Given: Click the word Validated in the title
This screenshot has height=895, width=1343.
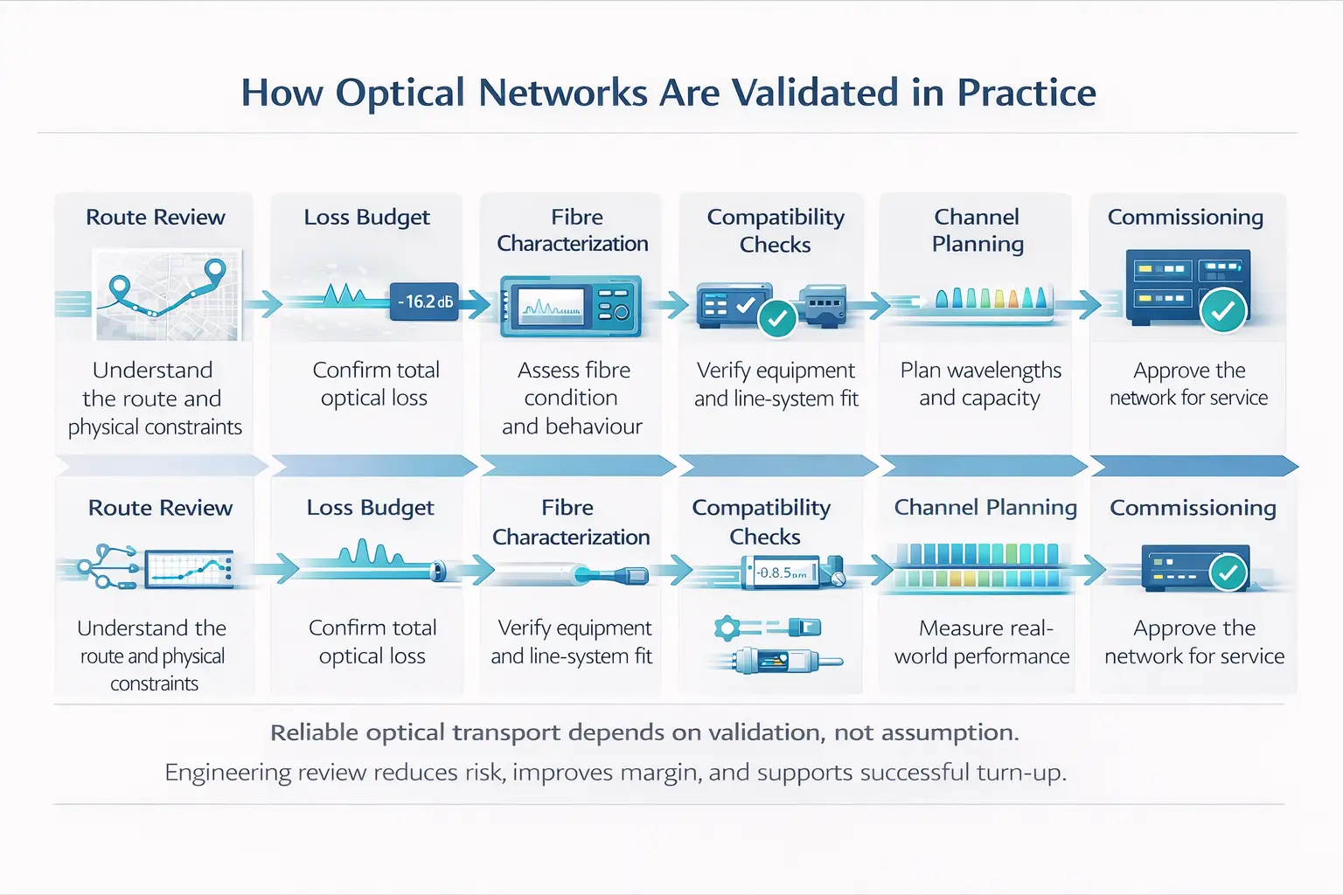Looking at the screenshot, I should (x=815, y=93).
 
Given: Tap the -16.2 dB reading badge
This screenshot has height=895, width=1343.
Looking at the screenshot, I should (x=424, y=302).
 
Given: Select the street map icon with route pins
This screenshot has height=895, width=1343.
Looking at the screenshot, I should (x=167, y=295).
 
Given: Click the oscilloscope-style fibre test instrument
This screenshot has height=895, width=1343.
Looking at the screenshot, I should (x=570, y=306).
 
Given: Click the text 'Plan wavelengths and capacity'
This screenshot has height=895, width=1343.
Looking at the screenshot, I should (x=980, y=384).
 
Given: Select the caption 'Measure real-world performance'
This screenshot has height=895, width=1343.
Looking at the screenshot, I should (x=982, y=642).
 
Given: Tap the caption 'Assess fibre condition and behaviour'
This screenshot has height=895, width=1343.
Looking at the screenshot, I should (x=573, y=398).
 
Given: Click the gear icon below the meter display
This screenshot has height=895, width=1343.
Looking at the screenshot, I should (x=727, y=628).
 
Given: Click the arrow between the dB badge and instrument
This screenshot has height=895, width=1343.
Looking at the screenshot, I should (x=476, y=304).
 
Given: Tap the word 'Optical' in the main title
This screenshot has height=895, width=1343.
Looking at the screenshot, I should (x=400, y=93).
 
